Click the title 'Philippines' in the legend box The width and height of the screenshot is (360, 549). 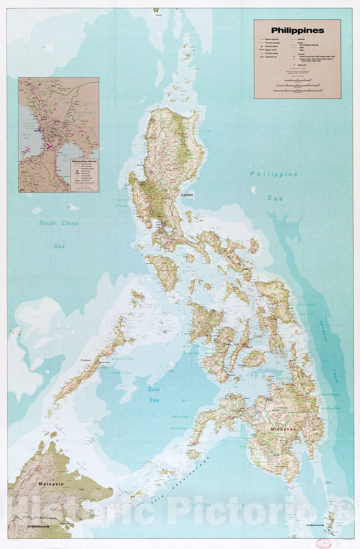(298, 31)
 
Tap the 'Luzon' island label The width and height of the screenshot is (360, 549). (187, 195)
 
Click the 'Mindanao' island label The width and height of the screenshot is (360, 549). (283, 429)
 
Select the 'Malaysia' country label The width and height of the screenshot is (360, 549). (51, 484)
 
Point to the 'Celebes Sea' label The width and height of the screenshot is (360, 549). (216, 505)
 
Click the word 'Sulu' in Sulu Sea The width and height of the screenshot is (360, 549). (154, 389)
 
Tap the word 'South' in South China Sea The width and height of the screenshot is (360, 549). (47, 223)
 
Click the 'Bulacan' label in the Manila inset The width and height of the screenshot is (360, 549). (64, 89)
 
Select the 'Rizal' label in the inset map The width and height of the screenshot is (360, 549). (84, 121)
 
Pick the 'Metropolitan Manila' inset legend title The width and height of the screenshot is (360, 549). (84, 161)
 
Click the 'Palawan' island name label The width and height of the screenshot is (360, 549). (86, 360)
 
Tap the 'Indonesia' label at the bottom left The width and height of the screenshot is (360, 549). (38, 526)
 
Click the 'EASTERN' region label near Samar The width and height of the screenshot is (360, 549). (306, 305)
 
